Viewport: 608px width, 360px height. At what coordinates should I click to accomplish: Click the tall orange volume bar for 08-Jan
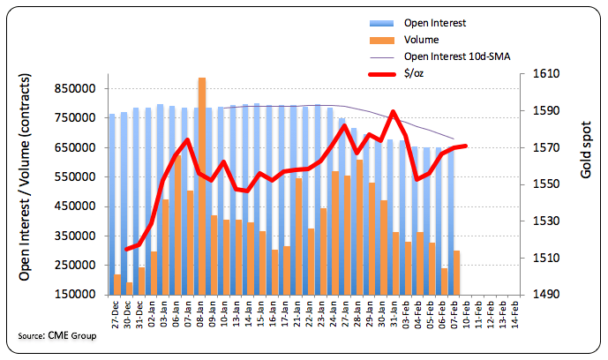point(202,185)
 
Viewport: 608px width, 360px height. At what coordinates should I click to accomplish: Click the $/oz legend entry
point(413,74)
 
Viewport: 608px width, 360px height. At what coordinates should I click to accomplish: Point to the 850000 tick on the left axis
point(72,88)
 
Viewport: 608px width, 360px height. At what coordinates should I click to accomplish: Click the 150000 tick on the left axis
point(72,295)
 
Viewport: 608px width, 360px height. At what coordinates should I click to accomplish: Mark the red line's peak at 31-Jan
point(394,112)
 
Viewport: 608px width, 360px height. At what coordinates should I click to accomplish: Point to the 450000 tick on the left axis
point(72,206)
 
